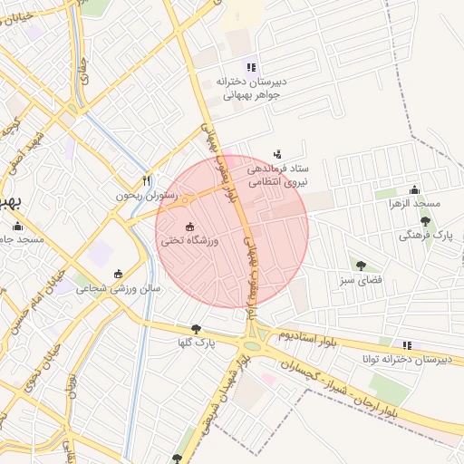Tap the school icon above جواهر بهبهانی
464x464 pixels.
pyautogui.click(x=251, y=67)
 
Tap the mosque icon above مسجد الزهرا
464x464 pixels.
pyautogui.click(x=414, y=189)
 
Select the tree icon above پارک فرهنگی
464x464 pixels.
pyautogui.click(x=425, y=220)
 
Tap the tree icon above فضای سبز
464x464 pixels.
pyautogui.click(x=362, y=266)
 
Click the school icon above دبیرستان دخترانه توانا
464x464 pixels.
pyautogui.click(x=407, y=345)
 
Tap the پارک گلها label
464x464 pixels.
pyautogui.click(x=196, y=343)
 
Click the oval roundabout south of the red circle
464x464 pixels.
pyautogui.click(x=255, y=344)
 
